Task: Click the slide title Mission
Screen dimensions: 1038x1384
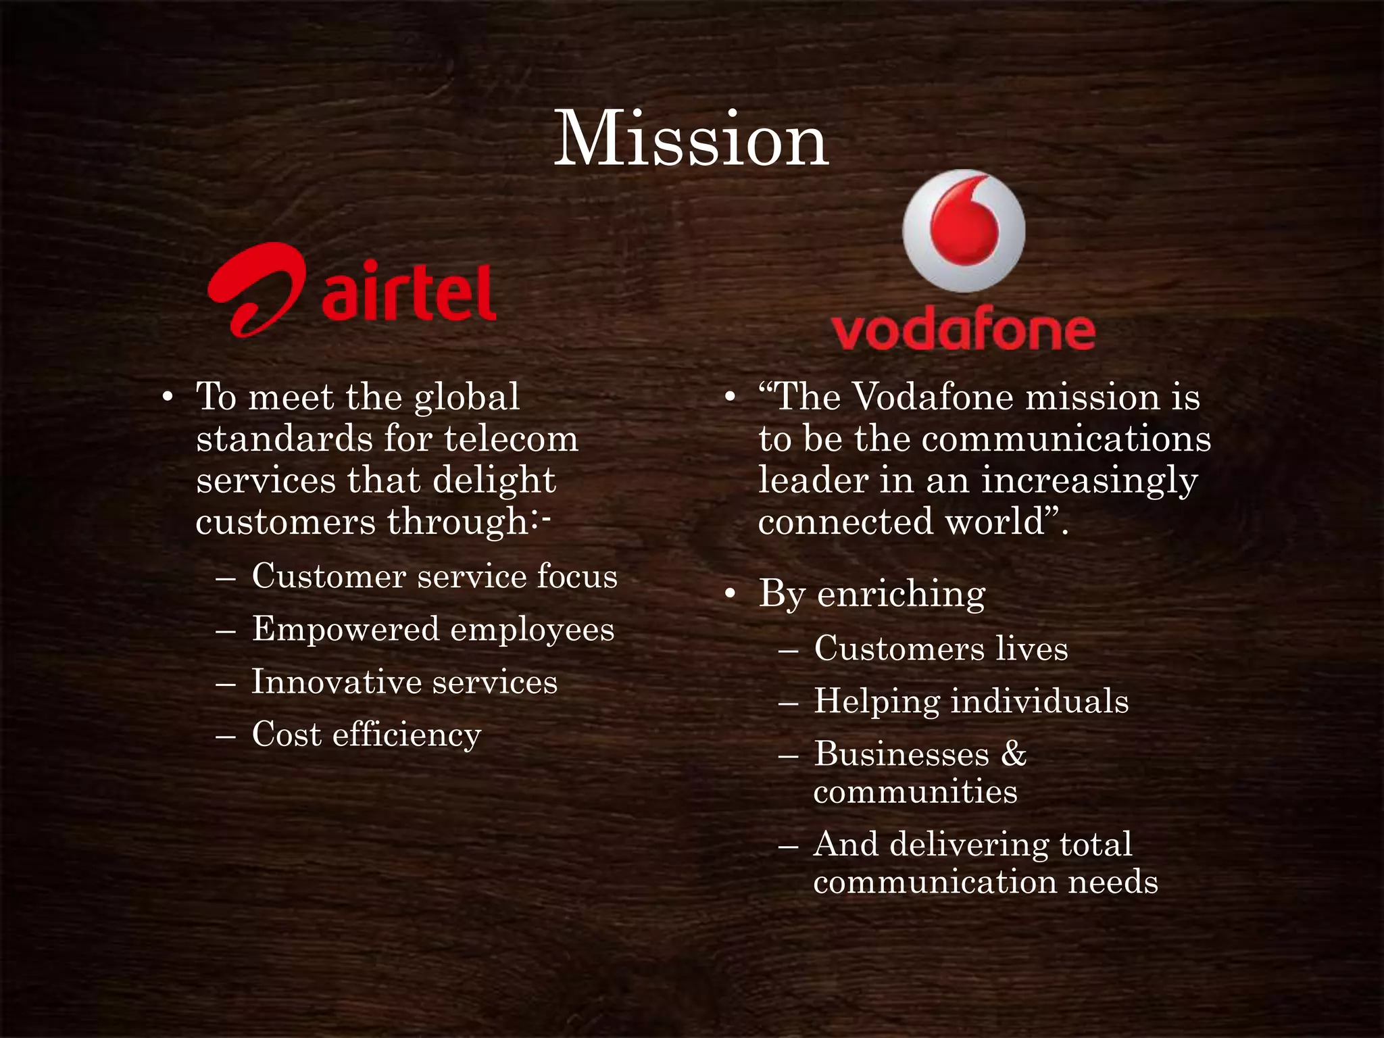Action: click(x=691, y=140)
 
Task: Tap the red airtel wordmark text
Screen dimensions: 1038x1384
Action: click(x=410, y=293)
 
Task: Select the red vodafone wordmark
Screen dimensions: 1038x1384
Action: click(x=963, y=331)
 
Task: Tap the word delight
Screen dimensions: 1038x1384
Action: click(x=493, y=481)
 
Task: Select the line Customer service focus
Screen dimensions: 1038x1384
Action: click(x=435, y=577)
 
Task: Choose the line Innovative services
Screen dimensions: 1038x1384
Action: click(x=404, y=682)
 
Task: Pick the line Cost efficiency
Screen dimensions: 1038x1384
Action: click(x=366, y=735)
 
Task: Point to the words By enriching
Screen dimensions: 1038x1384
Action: click(x=872, y=595)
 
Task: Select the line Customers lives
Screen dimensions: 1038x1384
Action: click(x=941, y=649)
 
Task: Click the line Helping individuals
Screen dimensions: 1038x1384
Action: click(x=971, y=701)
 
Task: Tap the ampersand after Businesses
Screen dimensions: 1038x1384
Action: click(x=1014, y=754)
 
